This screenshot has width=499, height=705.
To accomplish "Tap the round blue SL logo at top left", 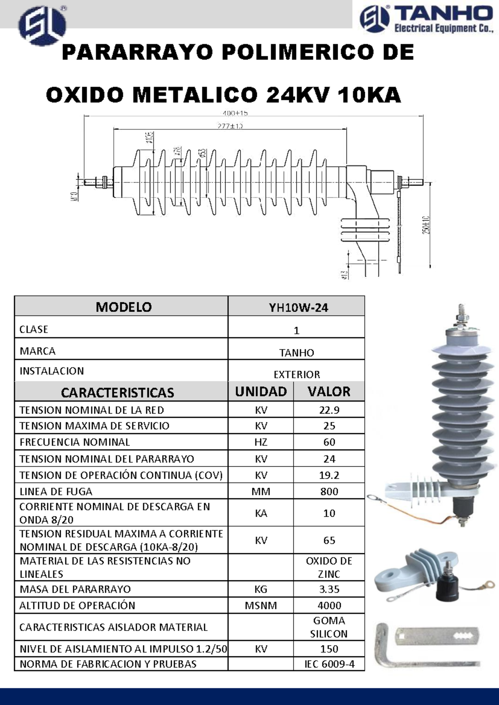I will click(x=42, y=26).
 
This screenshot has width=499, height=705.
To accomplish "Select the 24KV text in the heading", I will click(x=298, y=95).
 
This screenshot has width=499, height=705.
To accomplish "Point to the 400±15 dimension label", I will click(x=235, y=113).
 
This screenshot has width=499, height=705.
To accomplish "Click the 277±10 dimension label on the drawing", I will click(x=230, y=126).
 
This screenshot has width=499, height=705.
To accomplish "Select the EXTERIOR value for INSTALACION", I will click(x=296, y=375).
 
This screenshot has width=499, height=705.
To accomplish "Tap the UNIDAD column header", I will click(x=261, y=392).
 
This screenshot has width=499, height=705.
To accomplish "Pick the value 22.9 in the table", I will click(x=329, y=410).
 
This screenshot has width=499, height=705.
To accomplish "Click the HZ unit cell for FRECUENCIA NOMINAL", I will click(x=261, y=442).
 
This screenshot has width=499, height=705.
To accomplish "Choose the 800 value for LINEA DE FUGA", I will click(x=329, y=492).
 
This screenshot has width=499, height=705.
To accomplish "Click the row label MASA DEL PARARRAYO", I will click(x=75, y=589).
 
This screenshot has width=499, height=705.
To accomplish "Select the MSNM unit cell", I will click(x=261, y=606).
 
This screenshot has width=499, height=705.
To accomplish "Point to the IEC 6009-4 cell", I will click(x=329, y=664).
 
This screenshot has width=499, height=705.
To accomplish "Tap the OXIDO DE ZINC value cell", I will click(x=329, y=567).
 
